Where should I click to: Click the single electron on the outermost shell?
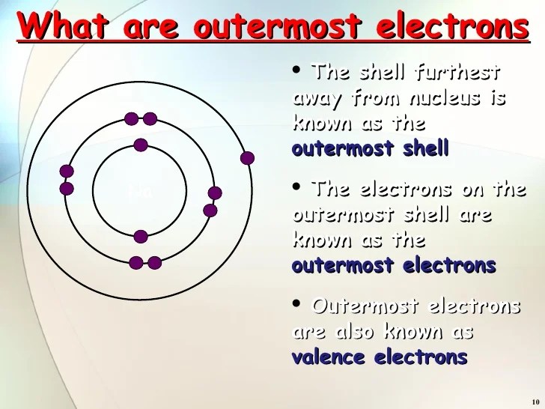(247, 158)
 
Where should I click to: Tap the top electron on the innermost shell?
(141, 145)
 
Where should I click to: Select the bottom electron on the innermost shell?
(141, 237)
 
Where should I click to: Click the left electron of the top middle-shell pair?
(132, 118)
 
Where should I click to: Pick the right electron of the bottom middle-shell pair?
(154, 263)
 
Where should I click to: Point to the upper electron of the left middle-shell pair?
(67, 172)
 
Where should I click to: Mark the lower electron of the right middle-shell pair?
(210, 210)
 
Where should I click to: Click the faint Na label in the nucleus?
(140, 191)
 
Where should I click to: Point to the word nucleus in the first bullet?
(435, 98)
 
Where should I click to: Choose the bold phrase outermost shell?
(370, 148)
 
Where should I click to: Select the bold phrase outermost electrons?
(394, 265)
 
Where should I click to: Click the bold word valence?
(329, 357)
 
